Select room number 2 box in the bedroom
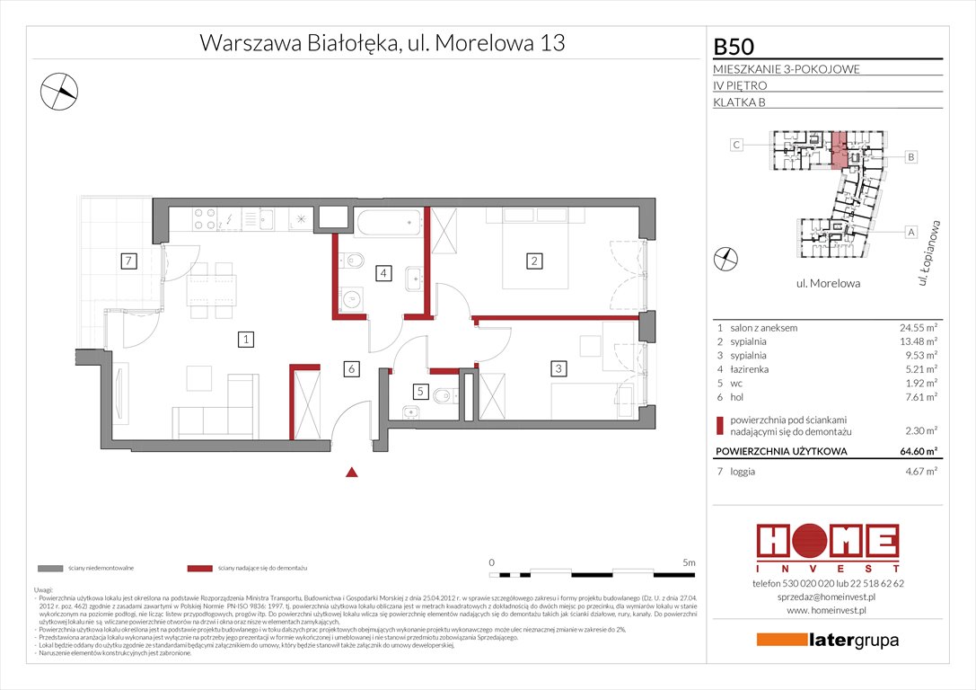point(534,261)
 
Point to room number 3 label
point(558,367)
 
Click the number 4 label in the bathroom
point(383,273)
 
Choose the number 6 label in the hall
point(353,368)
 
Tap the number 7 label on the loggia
point(129,261)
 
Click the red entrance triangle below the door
point(353,472)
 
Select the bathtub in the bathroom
point(386,222)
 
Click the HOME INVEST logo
point(826,547)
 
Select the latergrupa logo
point(827,640)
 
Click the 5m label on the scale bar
point(689,562)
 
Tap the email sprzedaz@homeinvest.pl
point(826,597)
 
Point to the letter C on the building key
point(735,145)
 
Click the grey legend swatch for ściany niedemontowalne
point(50,569)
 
